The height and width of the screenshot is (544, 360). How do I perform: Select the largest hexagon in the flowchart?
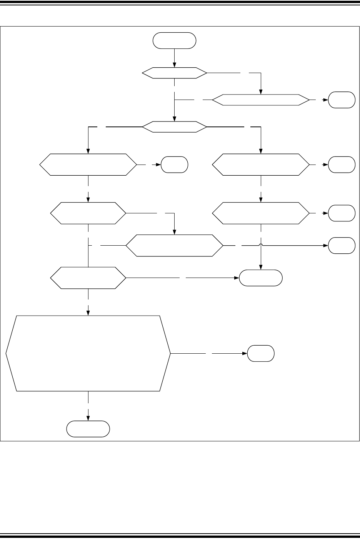[88, 353]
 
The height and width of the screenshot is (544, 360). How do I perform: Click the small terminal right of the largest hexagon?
[261, 353]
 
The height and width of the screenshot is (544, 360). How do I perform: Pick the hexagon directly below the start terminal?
[175, 73]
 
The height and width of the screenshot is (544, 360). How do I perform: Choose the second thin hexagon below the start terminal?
[175, 126]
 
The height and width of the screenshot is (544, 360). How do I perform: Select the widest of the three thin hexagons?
[261, 100]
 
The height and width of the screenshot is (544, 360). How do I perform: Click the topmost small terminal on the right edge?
[342, 100]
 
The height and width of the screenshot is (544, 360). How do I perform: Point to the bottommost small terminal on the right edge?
[342, 245]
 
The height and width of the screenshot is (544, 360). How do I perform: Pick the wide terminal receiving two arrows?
[261, 278]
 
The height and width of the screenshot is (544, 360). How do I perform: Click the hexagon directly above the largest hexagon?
[88, 278]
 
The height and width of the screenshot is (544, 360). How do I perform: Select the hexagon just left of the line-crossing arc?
[175, 245]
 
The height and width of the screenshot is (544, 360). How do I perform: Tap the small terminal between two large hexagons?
[174, 165]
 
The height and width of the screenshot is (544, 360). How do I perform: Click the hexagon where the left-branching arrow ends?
[88, 165]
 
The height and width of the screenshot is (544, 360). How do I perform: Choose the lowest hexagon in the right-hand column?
[261, 213]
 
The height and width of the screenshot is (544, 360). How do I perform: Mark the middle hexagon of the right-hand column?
[261, 165]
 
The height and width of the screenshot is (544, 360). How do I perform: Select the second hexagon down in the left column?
[88, 213]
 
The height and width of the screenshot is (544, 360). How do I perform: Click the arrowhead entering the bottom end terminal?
[88, 418]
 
